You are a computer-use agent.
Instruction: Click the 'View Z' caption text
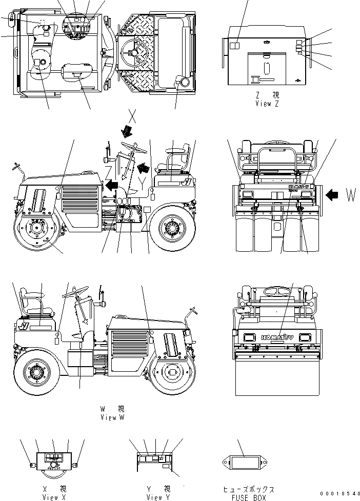click(267, 104)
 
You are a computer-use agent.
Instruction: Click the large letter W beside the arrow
click(351, 195)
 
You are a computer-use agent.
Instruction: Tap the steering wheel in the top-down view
click(134, 50)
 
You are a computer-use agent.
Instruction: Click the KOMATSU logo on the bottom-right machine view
click(276, 337)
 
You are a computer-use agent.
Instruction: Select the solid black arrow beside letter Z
click(112, 183)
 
